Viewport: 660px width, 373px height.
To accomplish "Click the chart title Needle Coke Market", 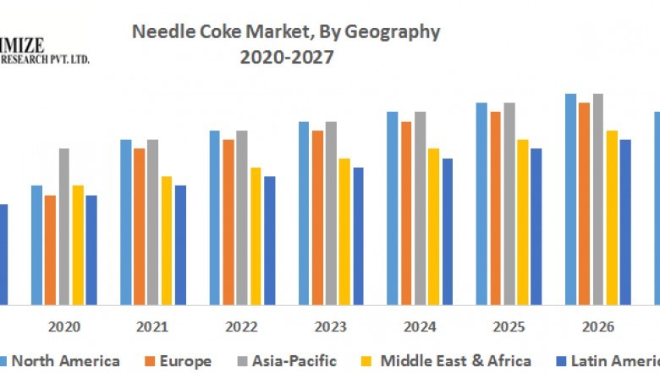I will [x=286, y=32].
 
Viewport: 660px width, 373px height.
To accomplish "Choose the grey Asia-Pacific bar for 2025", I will [x=509, y=203].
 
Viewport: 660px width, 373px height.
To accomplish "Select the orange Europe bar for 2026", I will [x=584, y=203].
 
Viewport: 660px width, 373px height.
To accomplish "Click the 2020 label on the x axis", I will [x=64, y=326].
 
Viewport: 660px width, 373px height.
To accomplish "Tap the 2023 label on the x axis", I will [x=330, y=326].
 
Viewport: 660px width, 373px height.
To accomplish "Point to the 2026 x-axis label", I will [x=597, y=326].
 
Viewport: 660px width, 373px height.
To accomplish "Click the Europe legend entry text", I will [x=185, y=361].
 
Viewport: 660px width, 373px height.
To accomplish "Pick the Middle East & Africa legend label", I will [x=456, y=361].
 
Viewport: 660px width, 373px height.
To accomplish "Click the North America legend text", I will [x=65, y=361].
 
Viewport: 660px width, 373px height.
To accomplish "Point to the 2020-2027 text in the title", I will [x=286, y=58].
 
